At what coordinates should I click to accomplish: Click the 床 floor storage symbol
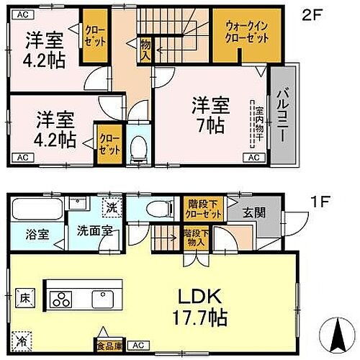(23, 295)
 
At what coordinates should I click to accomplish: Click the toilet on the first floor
(157, 209)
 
